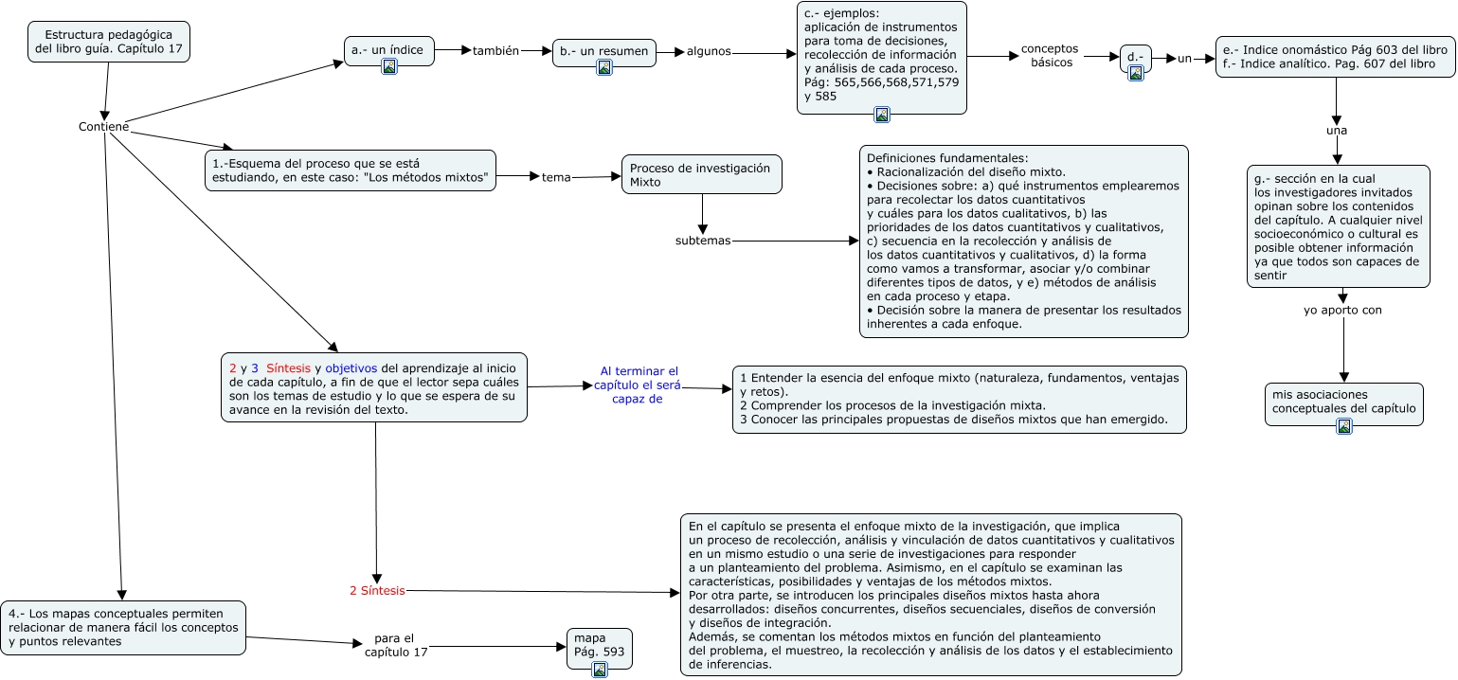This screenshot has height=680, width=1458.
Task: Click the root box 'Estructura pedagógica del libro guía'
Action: point(109,42)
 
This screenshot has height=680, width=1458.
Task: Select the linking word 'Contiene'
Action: point(103,127)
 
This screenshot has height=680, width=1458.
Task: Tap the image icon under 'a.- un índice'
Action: point(389,65)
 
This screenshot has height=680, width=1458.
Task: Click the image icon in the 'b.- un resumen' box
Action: point(604,67)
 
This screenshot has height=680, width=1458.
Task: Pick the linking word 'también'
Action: point(495,51)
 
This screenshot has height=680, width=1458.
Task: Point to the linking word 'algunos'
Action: point(709,51)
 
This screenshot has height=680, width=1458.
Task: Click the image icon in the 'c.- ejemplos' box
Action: point(882,115)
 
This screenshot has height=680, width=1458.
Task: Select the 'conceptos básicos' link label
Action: point(1050,55)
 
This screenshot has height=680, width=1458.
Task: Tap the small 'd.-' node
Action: point(1135,57)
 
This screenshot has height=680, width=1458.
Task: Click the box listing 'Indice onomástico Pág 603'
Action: point(1335,57)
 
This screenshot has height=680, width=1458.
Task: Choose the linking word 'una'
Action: point(1337,131)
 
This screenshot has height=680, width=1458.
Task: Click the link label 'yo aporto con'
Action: point(1342,310)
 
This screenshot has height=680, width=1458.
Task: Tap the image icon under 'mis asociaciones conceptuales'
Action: point(1343,426)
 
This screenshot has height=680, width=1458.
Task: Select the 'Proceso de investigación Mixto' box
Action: point(702,174)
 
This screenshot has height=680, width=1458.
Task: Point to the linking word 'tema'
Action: point(556,177)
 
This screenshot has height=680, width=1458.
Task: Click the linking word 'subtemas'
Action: point(703,241)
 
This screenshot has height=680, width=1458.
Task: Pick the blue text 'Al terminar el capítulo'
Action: point(639,385)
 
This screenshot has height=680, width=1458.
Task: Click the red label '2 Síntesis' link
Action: point(377,591)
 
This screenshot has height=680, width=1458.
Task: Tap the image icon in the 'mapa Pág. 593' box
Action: point(599,670)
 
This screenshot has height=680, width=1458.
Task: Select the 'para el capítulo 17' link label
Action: point(396,645)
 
